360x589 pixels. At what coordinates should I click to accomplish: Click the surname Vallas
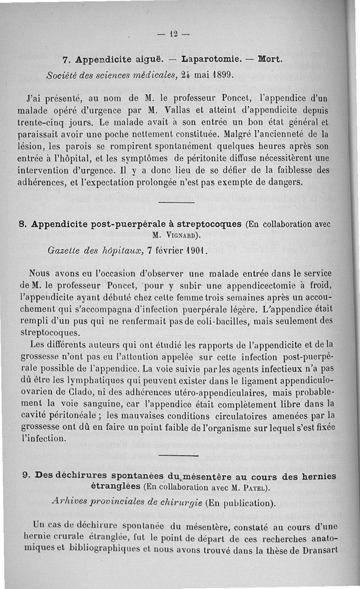click(x=202, y=110)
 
